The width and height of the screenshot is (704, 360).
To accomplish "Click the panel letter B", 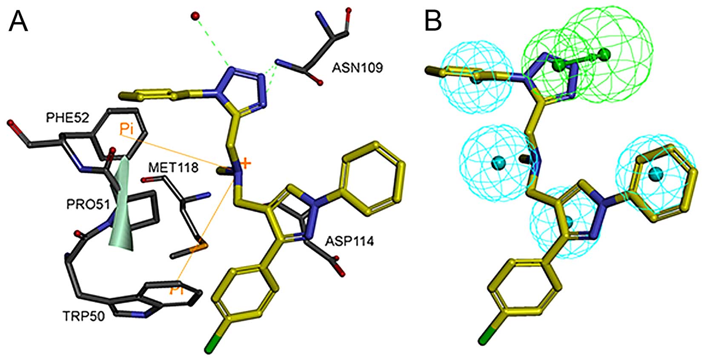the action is tap(433, 21).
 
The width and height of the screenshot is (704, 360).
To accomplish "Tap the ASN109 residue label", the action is tap(358, 68).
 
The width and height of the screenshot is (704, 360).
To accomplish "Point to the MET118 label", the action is tap(173, 167).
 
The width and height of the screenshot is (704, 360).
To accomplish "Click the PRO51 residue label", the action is tap(88, 204).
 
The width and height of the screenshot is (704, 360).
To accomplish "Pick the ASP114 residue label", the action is tap(349, 241).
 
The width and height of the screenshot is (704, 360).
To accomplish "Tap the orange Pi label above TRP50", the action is tap(177, 290).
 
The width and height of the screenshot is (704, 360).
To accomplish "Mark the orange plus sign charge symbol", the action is tap(245, 163).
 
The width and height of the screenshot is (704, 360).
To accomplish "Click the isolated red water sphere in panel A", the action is tap(195, 17).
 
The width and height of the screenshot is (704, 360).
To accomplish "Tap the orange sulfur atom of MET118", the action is tap(200, 247).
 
